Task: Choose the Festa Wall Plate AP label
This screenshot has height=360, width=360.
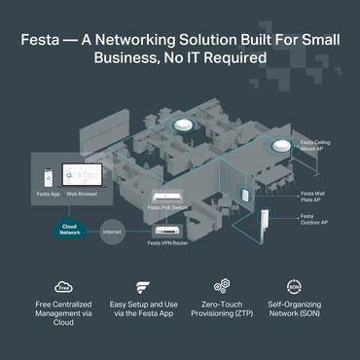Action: coord(313,197)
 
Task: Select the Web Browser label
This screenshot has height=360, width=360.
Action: coord(80,192)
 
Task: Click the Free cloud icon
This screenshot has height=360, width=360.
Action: coord(64,287)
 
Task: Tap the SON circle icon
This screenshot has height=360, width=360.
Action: coord(294,287)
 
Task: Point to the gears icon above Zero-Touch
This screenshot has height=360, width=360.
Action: coord(220,287)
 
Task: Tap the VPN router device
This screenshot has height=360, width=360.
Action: coord(163,230)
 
